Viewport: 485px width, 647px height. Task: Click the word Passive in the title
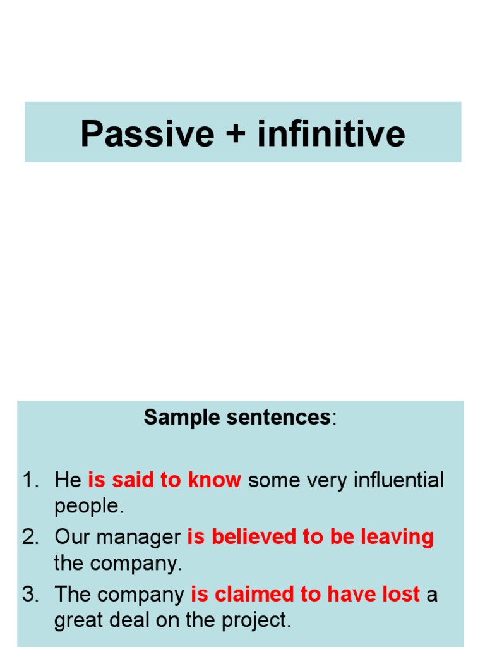coord(147,134)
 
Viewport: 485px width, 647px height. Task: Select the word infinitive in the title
coord(331,134)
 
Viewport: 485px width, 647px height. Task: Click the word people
coord(87,506)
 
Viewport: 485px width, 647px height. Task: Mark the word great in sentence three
coord(77,620)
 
